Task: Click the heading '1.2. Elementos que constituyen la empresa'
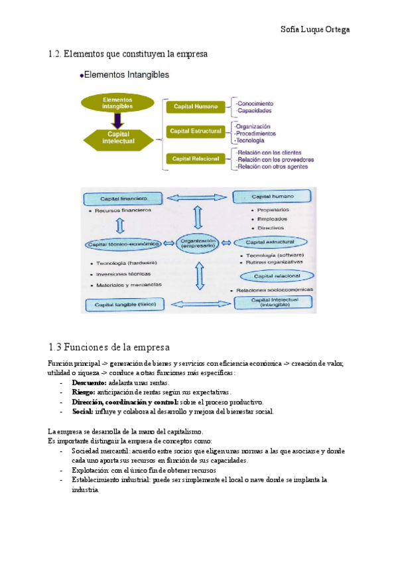tap(129, 54)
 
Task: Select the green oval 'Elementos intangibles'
tap(117, 104)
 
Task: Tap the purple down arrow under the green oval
tap(117, 121)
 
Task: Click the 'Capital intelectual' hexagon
tap(117, 137)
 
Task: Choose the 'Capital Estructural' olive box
tap(195, 131)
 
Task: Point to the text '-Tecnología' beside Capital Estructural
tap(249, 140)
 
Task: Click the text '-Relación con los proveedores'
tap(275, 160)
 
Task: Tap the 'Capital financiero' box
tap(123, 199)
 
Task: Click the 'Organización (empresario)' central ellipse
tap(198, 243)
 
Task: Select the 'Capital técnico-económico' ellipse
tap(123, 244)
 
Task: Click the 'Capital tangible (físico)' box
tap(123, 304)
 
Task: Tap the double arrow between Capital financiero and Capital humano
tap(197, 197)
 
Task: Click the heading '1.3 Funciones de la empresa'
tap(109, 347)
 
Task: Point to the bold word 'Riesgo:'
tap(83, 392)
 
